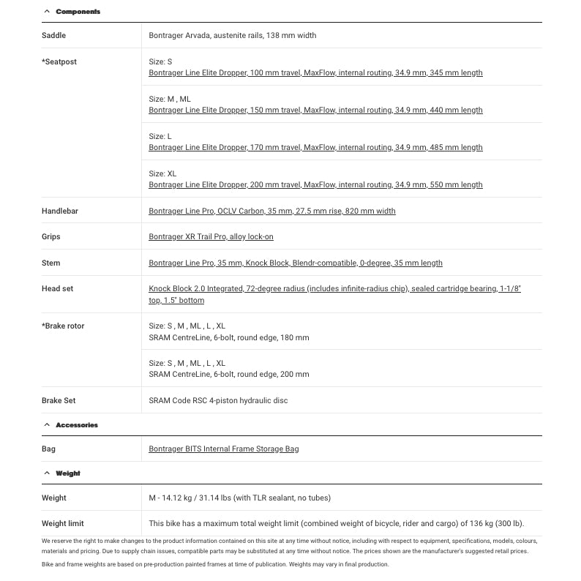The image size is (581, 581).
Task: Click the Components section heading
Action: click(78, 12)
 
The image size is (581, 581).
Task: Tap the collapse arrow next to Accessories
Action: click(47, 425)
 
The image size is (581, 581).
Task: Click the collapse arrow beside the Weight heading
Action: click(47, 473)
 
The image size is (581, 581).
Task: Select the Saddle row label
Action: click(53, 35)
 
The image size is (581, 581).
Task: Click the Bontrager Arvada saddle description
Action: click(232, 35)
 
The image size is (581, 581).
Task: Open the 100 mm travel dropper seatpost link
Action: click(315, 73)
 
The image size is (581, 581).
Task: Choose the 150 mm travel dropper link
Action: click(315, 110)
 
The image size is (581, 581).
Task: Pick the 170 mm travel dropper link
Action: click(315, 148)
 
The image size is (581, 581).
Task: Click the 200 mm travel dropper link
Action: click(315, 185)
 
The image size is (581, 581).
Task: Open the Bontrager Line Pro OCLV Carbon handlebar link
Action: click(271, 211)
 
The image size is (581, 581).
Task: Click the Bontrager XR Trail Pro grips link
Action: click(211, 237)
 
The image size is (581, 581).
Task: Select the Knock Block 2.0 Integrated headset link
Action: click(334, 289)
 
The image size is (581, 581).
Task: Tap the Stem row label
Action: click(51, 263)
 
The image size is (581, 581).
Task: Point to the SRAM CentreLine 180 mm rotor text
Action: click(228, 338)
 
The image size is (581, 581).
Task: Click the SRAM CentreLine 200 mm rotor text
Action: click(228, 375)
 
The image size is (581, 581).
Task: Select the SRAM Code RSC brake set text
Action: click(218, 401)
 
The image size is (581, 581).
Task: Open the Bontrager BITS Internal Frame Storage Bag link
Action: click(223, 449)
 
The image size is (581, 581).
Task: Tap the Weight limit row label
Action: click(63, 524)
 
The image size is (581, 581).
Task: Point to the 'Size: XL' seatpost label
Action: click(162, 174)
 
